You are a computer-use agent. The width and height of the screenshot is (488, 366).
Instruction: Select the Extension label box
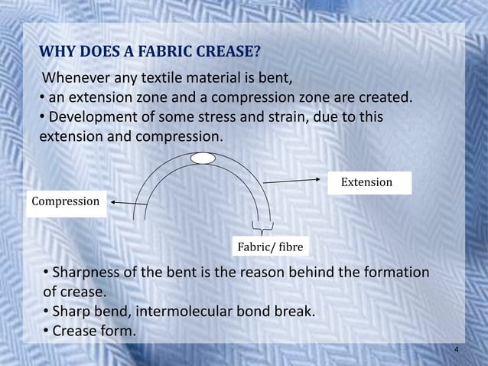[366, 182]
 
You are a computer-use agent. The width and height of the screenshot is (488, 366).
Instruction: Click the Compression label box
[65, 201]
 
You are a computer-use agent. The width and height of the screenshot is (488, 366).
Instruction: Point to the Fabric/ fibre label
[269, 247]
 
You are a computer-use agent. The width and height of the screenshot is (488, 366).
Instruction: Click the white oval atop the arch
[203, 158]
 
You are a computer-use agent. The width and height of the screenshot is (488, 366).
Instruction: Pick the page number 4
[456, 350]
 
